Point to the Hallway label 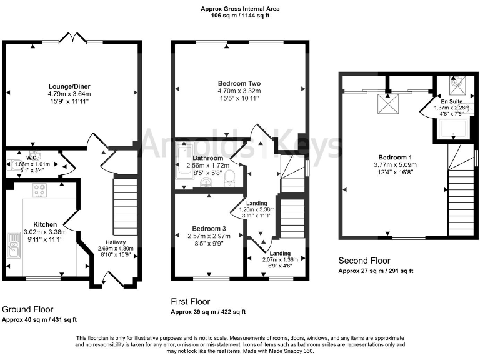pyautogui.click(x=116, y=243)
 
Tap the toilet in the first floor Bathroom pyautogui.click(x=229, y=176)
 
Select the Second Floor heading pyautogui.click(x=364, y=261)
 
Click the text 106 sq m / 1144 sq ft pyautogui.click(x=240, y=16)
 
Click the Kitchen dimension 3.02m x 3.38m pyautogui.click(x=45, y=231)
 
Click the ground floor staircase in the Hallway pyautogui.click(x=125, y=206)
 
